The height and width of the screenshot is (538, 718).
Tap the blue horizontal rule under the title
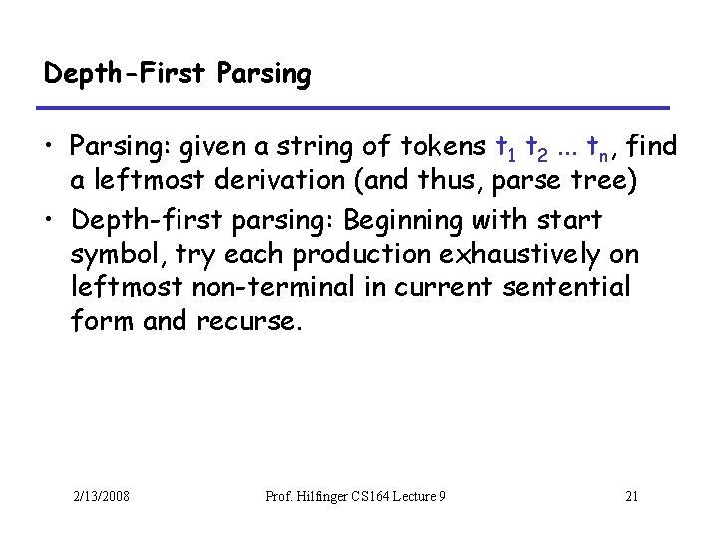pos(356,107)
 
